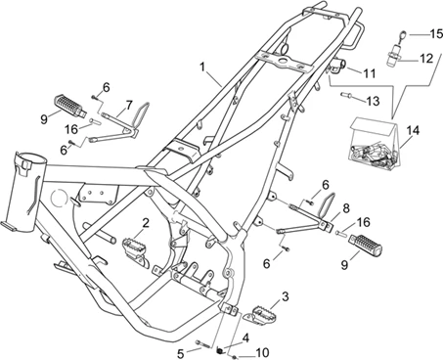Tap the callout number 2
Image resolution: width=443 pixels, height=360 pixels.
tap(145, 223)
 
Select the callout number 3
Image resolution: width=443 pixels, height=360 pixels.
tap(285, 295)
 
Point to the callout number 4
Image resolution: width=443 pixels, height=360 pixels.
tap(246, 337)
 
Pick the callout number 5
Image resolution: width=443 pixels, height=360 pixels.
tap(181, 351)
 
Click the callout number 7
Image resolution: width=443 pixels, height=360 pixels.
tap(128, 105)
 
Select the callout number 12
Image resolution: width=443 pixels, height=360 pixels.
tap(425, 58)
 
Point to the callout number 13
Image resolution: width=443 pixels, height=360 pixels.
tap(373, 100)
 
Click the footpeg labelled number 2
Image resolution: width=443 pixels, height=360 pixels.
tap(134, 247)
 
